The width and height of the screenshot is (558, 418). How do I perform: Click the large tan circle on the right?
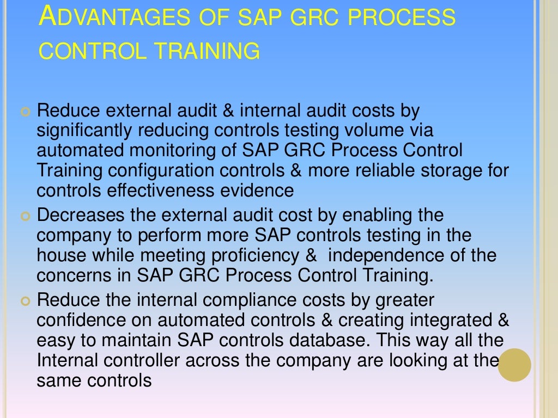pyautogui.click(x=514, y=365)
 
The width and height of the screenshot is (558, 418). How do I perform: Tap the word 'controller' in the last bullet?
pyautogui.click(x=138, y=360)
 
